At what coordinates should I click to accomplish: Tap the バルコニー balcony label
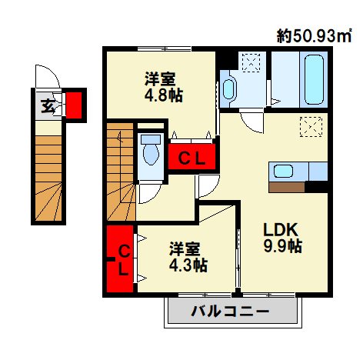coord(230,312)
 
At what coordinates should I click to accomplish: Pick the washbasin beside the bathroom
coord(230,90)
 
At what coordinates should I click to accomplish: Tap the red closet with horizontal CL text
coord(191,158)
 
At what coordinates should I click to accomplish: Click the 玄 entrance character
coord(48,105)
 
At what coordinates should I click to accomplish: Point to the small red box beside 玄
coord(74,104)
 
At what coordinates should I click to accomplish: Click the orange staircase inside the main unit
coord(119,169)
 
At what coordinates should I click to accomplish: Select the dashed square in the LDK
coord(311,125)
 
